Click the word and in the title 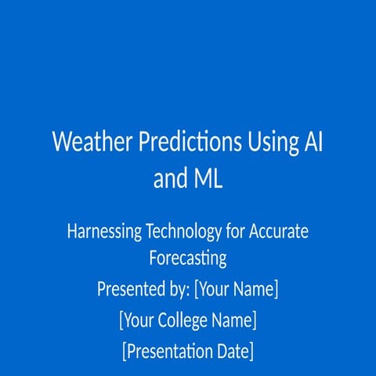click(169, 179)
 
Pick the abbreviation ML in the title click(207, 179)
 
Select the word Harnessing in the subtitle click(104, 232)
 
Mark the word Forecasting click(188, 258)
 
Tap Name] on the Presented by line click(258, 289)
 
